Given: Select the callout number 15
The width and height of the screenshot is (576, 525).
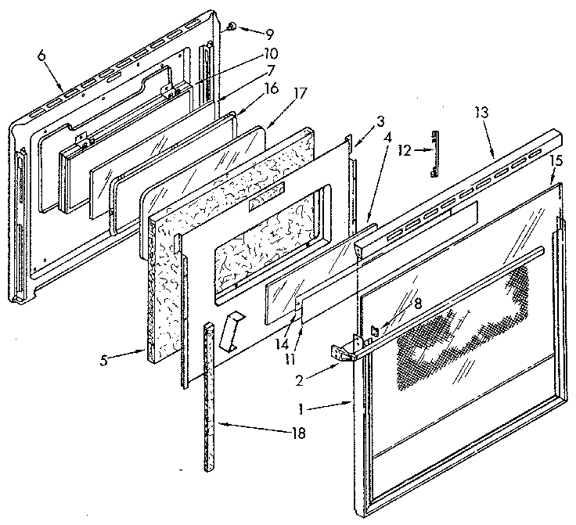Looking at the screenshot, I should pyautogui.click(x=556, y=160).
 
